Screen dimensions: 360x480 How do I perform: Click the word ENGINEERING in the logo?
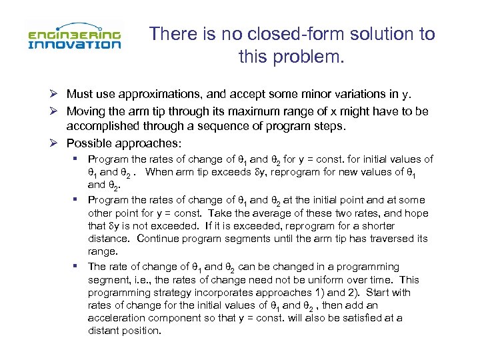pyautogui.click(x=74, y=34)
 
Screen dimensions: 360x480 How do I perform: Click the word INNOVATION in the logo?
pyautogui.click(x=74, y=45)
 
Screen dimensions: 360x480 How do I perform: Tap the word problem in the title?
pyautogui.click(x=311, y=57)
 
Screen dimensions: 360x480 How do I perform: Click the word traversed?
pyautogui.click(x=392, y=239)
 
